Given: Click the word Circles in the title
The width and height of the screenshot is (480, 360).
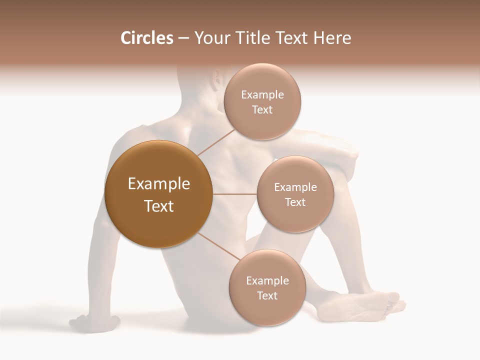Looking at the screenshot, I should tap(147, 38).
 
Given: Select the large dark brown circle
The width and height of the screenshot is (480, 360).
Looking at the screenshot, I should tap(158, 194).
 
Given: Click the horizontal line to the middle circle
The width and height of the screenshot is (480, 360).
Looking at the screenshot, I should tap(234, 194).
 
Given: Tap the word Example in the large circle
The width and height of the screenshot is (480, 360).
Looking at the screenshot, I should tap(159, 184).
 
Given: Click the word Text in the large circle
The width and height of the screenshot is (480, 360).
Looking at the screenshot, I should tap(159, 206).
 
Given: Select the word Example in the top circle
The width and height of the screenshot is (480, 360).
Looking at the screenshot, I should tap(262, 95).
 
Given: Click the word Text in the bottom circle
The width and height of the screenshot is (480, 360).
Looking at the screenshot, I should tap(267, 295).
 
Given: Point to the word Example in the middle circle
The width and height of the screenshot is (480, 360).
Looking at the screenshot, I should tap(295, 187).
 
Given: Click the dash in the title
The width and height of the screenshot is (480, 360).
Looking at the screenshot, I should tap(183, 38).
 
